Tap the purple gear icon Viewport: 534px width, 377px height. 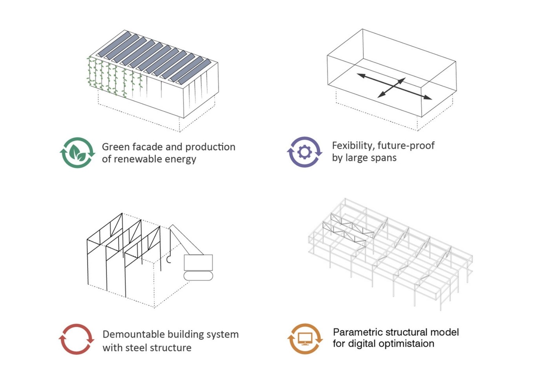pyautogui.click(x=305, y=152)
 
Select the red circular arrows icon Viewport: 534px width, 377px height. pyautogui.click(x=76, y=339)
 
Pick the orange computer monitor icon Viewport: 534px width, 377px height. pyautogui.click(x=305, y=339)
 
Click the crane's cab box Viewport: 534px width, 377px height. pyautogui.click(x=198, y=262)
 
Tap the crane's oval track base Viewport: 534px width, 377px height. pyautogui.click(x=198, y=276)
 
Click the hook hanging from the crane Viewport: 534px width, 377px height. pyautogui.click(x=169, y=259)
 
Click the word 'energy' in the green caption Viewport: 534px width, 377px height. pyautogui.click(x=180, y=159)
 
